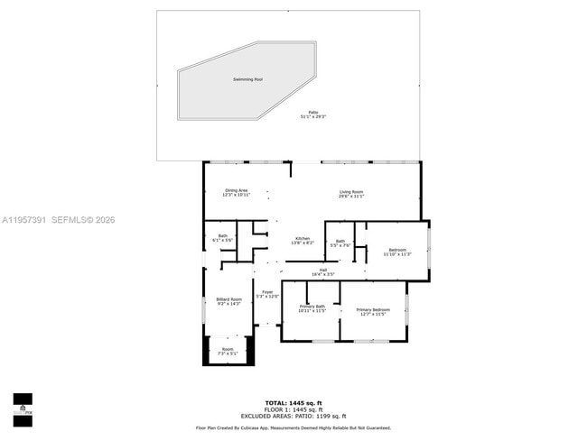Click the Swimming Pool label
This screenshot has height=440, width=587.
[247, 80]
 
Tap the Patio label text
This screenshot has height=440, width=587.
[313, 115]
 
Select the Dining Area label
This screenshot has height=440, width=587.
[237, 192]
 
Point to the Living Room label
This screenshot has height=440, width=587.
[351, 193]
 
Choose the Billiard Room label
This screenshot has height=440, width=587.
[228, 301]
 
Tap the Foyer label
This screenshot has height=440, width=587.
[267, 294]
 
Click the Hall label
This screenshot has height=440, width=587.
[322, 271]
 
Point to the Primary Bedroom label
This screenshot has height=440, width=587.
[372, 311]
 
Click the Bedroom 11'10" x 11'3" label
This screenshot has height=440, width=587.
[397, 252]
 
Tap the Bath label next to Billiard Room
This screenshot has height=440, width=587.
[221, 238]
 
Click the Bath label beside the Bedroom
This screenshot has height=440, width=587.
[340, 243]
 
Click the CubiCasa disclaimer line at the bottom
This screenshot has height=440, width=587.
[293, 427]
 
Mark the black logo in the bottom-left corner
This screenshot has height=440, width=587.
[23, 408]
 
